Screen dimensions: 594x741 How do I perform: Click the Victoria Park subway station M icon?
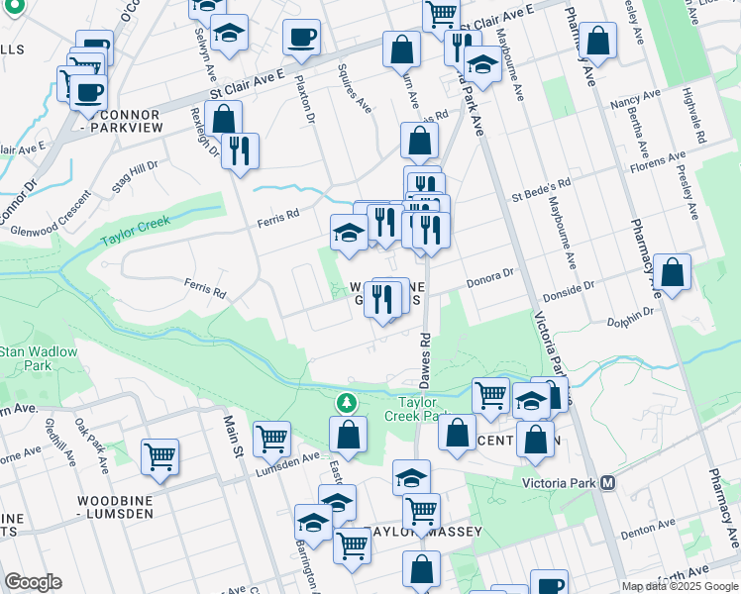point(608,483)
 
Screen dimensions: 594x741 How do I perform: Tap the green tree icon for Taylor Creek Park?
point(346,402)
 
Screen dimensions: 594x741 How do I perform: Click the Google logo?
point(33,582)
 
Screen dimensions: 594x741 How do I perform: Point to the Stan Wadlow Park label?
point(26,358)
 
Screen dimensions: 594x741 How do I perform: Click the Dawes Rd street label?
point(425,351)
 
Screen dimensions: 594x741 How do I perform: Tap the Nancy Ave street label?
point(635,101)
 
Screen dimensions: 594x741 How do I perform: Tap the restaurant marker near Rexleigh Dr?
point(239,150)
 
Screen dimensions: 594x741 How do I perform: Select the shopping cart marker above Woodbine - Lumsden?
point(159,456)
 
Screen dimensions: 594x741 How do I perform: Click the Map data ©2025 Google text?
point(680,586)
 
